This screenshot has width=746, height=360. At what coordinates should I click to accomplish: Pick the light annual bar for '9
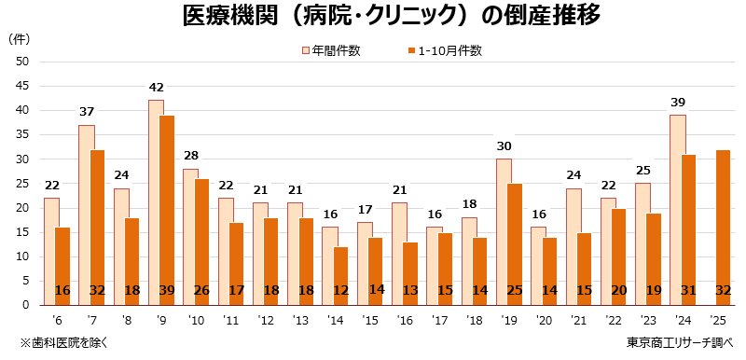[x=155, y=201]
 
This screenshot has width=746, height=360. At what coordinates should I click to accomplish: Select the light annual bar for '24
[x=678, y=209]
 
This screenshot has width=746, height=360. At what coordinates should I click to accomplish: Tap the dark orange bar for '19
[x=514, y=243]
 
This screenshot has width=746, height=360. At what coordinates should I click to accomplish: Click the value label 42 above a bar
[x=156, y=89]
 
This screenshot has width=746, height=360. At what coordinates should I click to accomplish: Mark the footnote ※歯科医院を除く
[x=64, y=342]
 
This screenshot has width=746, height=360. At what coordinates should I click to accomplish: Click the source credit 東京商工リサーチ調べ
[x=680, y=342]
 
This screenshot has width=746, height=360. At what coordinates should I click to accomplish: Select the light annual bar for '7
[x=86, y=215]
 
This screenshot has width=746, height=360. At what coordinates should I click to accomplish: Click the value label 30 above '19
[x=504, y=146]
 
